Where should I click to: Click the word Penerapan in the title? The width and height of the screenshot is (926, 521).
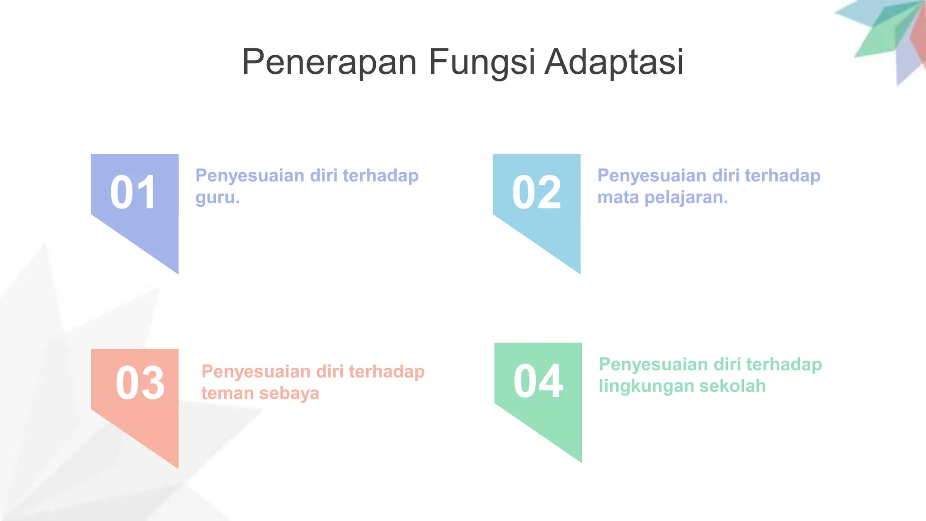(329, 62)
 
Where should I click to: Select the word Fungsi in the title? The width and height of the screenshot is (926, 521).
(482, 62)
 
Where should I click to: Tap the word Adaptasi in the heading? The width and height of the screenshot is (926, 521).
(614, 62)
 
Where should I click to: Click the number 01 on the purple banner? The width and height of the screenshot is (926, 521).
(134, 193)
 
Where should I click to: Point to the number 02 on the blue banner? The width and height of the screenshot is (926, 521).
(536, 193)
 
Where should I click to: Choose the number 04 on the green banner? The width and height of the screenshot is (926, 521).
(538, 381)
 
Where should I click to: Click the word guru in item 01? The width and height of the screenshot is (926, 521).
(216, 198)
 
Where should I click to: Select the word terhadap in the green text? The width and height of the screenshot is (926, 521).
(784, 365)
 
